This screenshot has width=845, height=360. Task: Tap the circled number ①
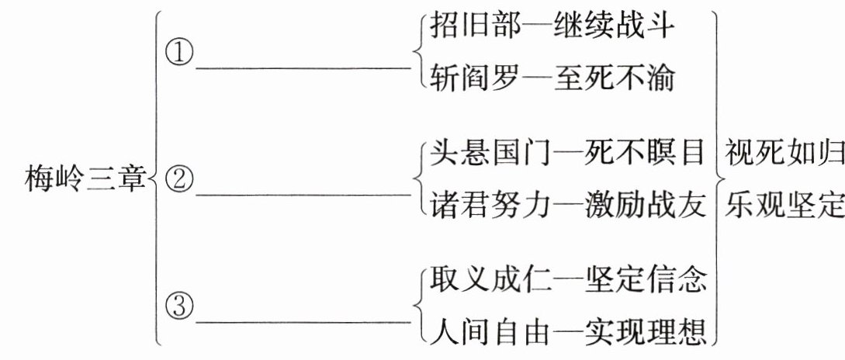[179, 54]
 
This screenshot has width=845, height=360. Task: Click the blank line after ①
[303, 67]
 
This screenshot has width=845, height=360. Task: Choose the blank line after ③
[303, 319]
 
